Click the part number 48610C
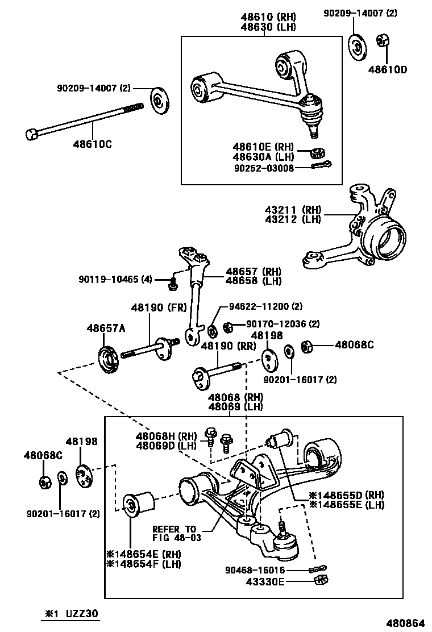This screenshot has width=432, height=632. [92, 144]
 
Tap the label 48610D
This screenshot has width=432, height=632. [387, 70]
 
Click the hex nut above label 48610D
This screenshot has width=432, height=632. [383, 41]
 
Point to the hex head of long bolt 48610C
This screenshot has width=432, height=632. [32, 135]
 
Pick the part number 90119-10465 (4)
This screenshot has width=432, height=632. [114, 279]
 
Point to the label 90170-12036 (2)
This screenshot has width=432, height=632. [283, 324]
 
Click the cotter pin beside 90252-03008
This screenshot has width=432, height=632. [322, 165]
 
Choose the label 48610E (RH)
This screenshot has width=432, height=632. [262, 147]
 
